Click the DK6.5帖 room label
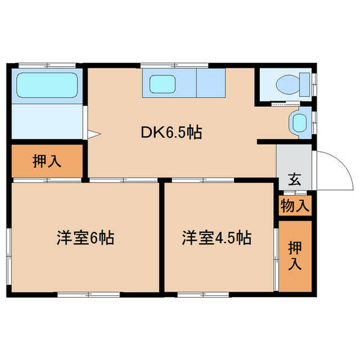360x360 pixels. [171, 132]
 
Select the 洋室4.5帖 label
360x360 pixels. [217, 238]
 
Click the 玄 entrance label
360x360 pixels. [295, 178]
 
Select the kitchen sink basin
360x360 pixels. [163, 84]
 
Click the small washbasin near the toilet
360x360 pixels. [298, 123]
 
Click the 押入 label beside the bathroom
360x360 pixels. [46, 161]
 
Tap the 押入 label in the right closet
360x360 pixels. [295, 256]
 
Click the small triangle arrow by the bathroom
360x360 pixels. [92, 133]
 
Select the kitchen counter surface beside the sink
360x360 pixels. [209, 84]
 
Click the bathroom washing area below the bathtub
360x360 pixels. [47, 122]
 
